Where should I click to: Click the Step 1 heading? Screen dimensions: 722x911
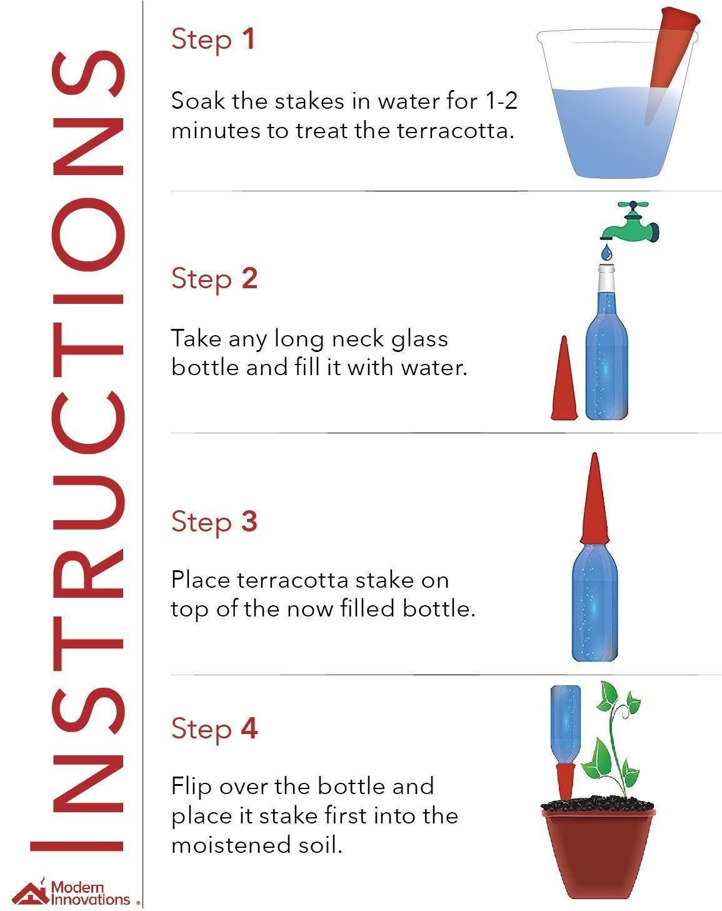tap(213, 40)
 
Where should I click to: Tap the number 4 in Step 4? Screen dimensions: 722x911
tap(249, 728)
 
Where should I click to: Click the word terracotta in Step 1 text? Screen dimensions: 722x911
tap(453, 130)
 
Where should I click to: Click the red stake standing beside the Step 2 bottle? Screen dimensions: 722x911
tap(564, 378)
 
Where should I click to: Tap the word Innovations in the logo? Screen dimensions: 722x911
tap(90, 898)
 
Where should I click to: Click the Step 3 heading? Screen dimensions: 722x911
tap(214, 521)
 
